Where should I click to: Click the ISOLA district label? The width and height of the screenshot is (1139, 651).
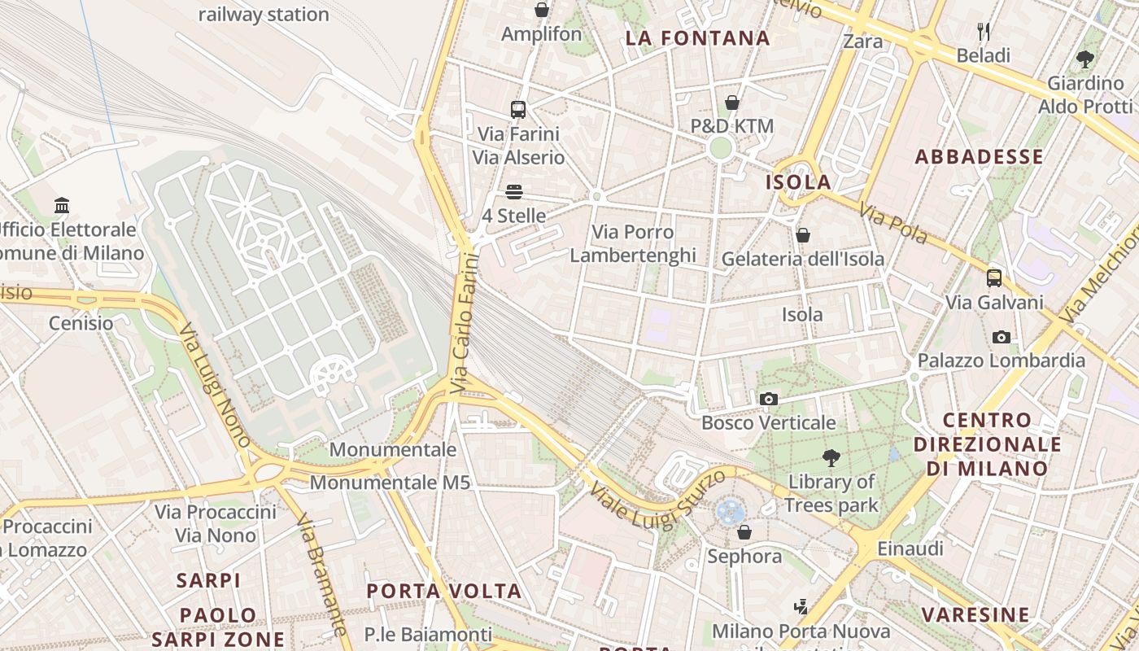[798, 182]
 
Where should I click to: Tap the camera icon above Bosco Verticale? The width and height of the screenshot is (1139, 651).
[768, 399]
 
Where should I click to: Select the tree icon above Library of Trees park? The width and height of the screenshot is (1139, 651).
[831, 458]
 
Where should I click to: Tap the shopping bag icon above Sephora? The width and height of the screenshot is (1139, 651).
[744, 532]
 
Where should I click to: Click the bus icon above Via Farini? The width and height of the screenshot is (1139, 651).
[518, 109]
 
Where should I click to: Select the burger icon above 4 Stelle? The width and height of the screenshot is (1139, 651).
[513, 192]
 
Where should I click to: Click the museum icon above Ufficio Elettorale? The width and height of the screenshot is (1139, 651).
[62, 205]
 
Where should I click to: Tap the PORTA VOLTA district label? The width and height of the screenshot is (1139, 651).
[443, 591]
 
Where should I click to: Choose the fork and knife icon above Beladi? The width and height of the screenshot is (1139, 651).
[984, 32]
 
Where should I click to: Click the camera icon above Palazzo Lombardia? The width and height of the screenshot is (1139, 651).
[1002, 337]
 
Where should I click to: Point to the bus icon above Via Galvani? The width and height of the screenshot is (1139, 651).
[994, 278]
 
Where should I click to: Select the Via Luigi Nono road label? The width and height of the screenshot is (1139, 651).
[215, 386]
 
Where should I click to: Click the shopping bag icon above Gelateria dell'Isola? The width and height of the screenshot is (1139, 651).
[803, 235]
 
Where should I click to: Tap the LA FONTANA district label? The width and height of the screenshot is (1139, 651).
[697, 38]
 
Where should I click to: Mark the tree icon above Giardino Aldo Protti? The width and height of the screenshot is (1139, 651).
[1084, 59]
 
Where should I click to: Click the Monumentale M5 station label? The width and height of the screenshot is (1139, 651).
[390, 483]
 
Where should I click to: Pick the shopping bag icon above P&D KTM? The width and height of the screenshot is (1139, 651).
[732, 103]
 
